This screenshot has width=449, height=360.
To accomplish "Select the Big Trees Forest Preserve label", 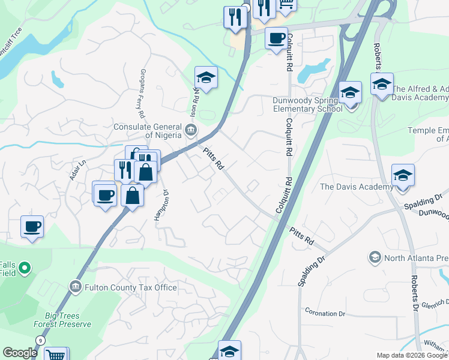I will point(68,320).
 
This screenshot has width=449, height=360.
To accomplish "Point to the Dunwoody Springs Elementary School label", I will point(307,105).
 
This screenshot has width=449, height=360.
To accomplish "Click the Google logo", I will point(20,353).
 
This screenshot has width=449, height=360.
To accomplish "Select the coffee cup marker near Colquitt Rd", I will point(276,38).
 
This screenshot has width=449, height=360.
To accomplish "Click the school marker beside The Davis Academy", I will point(403,176).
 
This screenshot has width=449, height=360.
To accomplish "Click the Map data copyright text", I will point(411,355).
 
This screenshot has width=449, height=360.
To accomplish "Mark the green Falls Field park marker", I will point(25,266).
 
